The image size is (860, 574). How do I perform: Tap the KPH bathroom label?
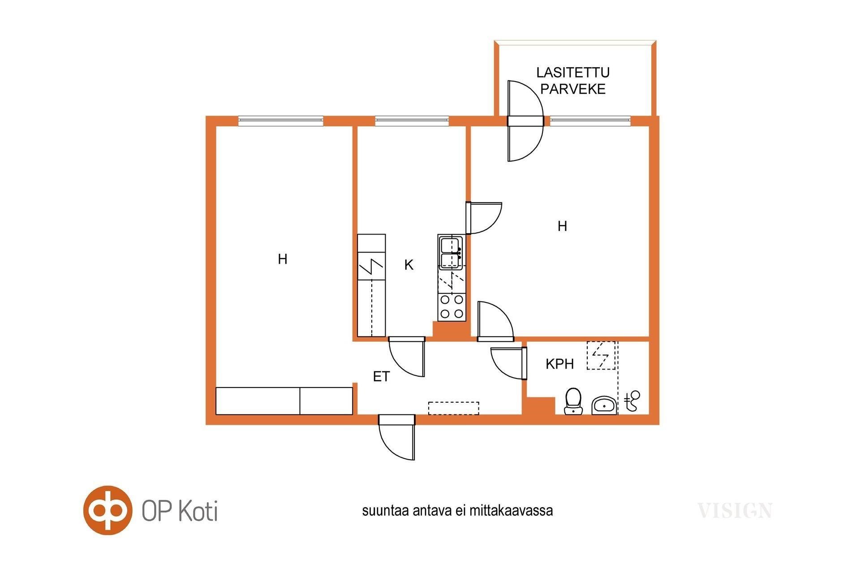tap(559, 364)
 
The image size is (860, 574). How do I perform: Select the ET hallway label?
tap(381, 377)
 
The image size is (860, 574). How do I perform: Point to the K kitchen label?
tap(408, 265)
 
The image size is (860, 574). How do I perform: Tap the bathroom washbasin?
tap(604, 405)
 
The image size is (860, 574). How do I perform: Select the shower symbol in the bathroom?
tap(632, 400)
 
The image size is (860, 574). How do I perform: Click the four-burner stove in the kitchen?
tap(451, 307)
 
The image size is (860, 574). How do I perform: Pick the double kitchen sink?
tap(451, 253)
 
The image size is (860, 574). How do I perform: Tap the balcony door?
tap(525, 121)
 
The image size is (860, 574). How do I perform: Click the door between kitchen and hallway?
tap(407, 357)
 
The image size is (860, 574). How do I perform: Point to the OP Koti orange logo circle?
tap(108, 510)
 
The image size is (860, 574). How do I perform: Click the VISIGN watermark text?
tap(735, 511)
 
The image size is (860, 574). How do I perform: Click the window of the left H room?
tap(280, 120)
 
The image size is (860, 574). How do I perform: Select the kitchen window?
tap(412, 120)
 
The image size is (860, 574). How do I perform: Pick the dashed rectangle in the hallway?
tap(454, 408)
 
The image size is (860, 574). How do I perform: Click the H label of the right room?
tap(562, 226)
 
